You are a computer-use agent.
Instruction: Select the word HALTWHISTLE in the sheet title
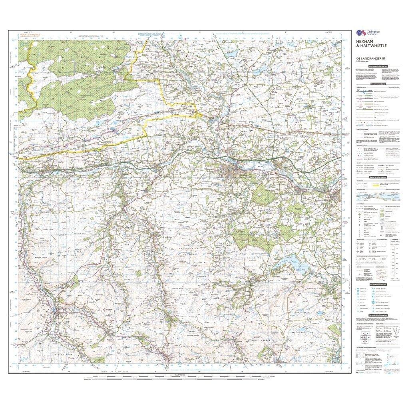pyautogui.click(x=368, y=46)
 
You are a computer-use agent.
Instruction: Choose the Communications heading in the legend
pyautogui.click(x=378, y=84)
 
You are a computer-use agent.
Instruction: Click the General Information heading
pyautogui.click(x=378, y=177)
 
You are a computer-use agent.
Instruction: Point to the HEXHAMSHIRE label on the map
pyautogui.click(x=185, y=248)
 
